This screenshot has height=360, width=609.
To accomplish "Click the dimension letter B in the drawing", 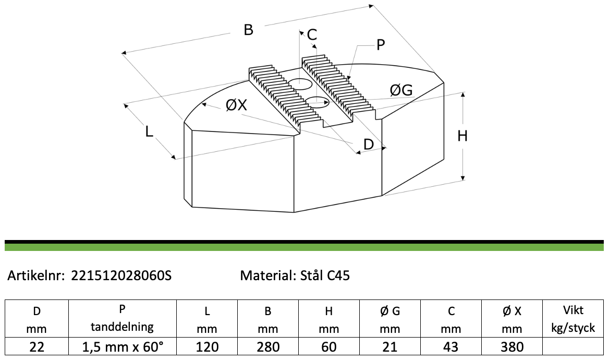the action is point(249,30).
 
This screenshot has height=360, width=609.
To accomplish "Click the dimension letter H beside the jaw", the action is point(462,136).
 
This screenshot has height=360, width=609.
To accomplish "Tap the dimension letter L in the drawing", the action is point(149,131).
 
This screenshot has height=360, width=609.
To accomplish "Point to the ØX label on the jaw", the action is point(236,104).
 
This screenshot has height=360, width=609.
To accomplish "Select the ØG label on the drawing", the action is point(401,90).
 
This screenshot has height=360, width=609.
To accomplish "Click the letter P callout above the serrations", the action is point(381,45).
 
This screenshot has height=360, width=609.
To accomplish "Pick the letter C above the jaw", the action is point(312,34).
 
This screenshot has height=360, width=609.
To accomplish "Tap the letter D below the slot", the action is point(368,144).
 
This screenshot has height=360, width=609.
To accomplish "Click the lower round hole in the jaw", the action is point(318,101).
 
